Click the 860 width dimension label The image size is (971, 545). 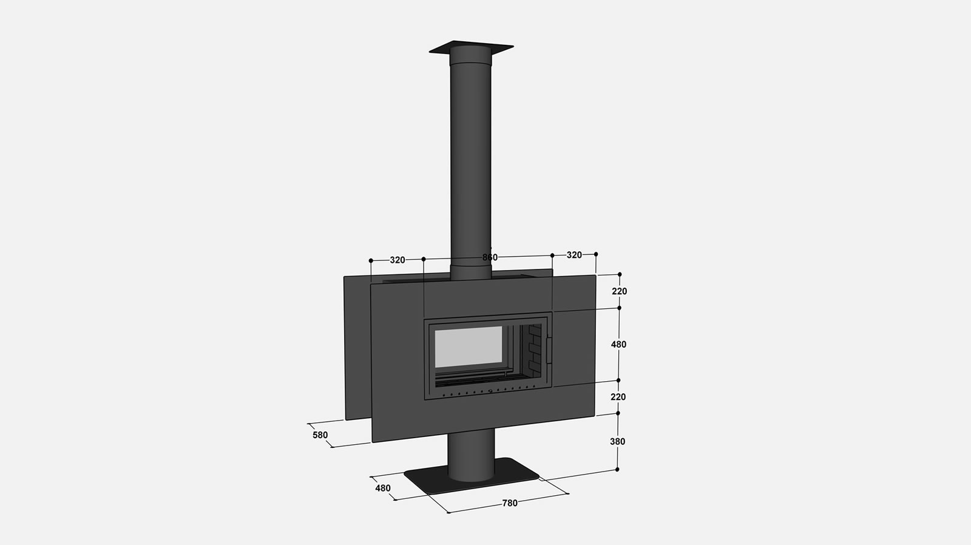(x=490, y=257)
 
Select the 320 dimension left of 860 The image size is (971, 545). (x=398, y=260)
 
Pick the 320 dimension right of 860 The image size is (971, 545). (x=574, y=255)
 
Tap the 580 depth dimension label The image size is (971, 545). (x=320, y=435)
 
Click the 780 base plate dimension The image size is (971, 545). (x=510, y=503)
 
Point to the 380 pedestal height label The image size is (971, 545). (x=618, y=441)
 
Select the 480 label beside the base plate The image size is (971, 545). (x=383, y=488)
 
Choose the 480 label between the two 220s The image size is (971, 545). (x=618, y=344)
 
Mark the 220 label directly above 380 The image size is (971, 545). (x=618, y=397)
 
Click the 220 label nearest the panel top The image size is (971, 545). (x=620, y=291)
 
